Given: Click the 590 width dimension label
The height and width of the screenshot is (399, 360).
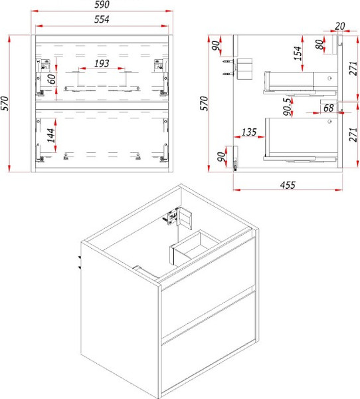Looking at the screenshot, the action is pyautogui.click(x=102, y=5).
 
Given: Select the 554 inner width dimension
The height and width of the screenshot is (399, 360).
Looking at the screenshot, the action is pyautogui.click(x=102, y=19).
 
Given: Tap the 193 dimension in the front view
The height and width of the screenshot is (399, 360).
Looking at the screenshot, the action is pyautogui.click(x=102, y=63).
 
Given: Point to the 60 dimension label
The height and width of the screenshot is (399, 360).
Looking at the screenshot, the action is pyautogui.click(x=52, y=79).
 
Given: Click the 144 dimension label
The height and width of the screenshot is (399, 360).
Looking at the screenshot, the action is pyautogui.click(x=51, y=135).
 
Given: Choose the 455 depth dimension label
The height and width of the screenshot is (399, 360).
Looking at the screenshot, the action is pyautogui.click(x=288, y=185).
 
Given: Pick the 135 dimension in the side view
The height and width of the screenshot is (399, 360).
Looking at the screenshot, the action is pyautogui.click(x=249, y=132).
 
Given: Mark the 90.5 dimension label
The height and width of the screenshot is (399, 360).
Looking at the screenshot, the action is pyautogui.click(x=288, y=106).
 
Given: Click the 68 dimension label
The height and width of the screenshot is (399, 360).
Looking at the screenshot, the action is pyautogui.click(x=329, y=108).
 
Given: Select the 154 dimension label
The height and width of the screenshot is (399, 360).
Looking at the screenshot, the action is pyautogui.click(x=298, y=53).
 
